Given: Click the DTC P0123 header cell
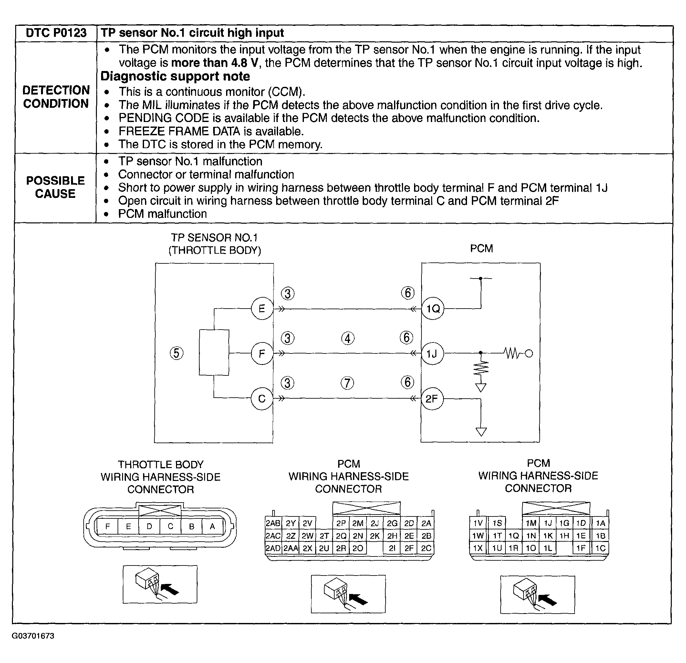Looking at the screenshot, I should click(56, 33).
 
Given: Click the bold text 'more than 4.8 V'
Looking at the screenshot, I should click(214, 63).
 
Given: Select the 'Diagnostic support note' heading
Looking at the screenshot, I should click(175, 76).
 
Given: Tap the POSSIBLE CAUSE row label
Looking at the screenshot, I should click(55, 187).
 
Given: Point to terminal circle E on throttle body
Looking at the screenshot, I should click(262, 309).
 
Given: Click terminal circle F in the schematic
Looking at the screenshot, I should click(262, 354).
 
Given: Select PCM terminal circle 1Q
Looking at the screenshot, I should click(432, 309).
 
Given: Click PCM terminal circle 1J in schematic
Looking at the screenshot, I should click(432, 354).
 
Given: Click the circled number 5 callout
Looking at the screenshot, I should click(176, 353).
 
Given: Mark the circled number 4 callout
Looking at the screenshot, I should click(348, 338).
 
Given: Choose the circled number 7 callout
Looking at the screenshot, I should click(347, 383).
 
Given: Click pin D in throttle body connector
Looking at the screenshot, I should click(150, 526).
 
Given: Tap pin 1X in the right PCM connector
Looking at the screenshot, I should click(478, 548).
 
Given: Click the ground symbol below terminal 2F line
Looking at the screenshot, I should click(481, 432).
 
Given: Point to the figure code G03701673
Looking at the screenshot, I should click(33, 636).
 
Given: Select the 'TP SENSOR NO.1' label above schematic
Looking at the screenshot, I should click(214, 238).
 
